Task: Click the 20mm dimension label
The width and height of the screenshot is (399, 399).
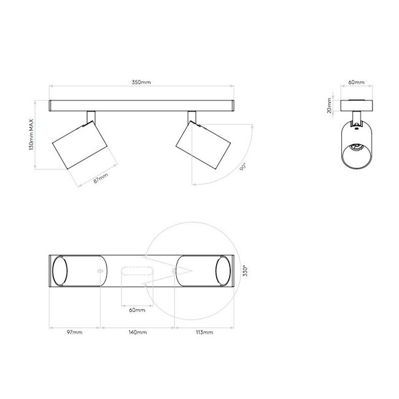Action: [x=330, y=107]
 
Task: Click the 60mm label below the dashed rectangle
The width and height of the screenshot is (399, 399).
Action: [x=138, y=311]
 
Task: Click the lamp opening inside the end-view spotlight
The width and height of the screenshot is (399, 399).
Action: [x=356, y=150]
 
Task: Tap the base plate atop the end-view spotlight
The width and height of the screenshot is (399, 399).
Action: [x=356, y=104]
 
